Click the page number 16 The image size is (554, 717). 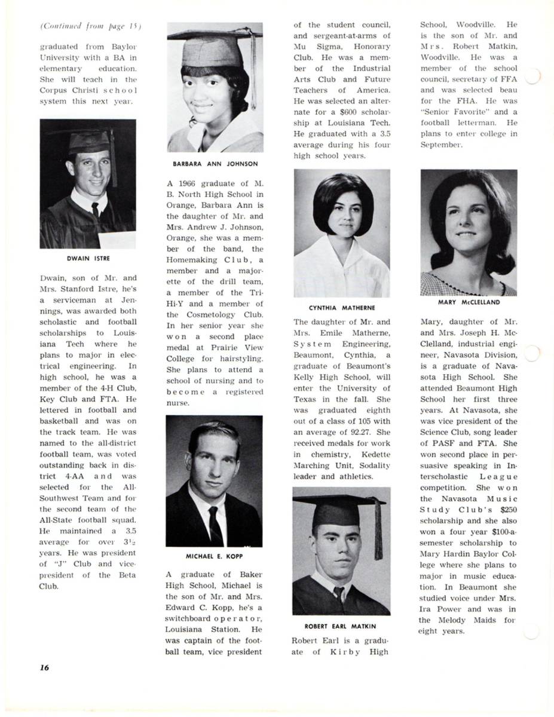click(x=44, y=667)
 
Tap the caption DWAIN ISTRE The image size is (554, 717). click(x=88, y=259)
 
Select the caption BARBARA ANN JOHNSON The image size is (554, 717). click(x=215, y=164)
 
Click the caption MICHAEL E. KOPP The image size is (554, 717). click(x=214, y=556)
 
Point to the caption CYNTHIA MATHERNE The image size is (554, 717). click(x=342, y=308)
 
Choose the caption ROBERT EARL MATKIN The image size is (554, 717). click(x=341, y=626)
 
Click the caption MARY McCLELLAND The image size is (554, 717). click(x=469, y=302)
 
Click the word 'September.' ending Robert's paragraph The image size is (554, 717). click(x=440, y=145)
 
